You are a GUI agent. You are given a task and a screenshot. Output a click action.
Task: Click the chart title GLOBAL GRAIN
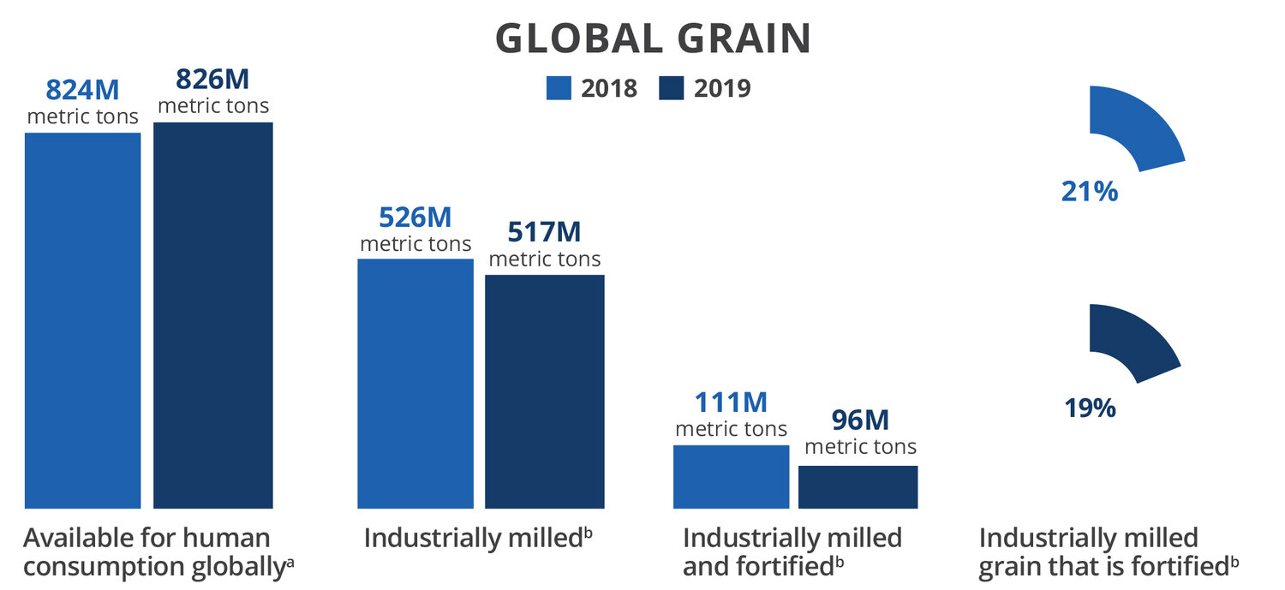[x=653, y=39]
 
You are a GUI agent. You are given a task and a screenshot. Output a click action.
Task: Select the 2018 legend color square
[x=559, y=88]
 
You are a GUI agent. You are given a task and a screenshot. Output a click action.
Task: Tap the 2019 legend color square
[x=671, y=88]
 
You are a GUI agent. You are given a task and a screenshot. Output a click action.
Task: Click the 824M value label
[x=82, y=89]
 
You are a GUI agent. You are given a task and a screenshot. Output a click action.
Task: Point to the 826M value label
[x=212, y=79]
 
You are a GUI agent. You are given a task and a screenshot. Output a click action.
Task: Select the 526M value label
[x=415, y=218]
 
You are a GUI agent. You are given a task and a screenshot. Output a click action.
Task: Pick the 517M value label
[x=544, y=232]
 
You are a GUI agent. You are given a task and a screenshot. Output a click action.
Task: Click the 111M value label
[x=731, y=402]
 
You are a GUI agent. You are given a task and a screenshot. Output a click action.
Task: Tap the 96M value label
[x=860, y=420]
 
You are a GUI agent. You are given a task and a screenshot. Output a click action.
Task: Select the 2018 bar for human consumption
[x=82, y=321]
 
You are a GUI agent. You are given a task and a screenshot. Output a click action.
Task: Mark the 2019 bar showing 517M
[x=544, y=391]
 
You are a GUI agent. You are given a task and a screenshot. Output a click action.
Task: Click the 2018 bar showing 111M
[x=731, y=477]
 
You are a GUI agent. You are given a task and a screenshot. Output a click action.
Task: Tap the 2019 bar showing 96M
[x=858, y=487]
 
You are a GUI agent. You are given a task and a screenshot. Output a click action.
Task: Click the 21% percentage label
[x=1090, y=191]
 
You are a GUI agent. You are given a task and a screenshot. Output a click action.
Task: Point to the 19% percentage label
[x=1090, y=408]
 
